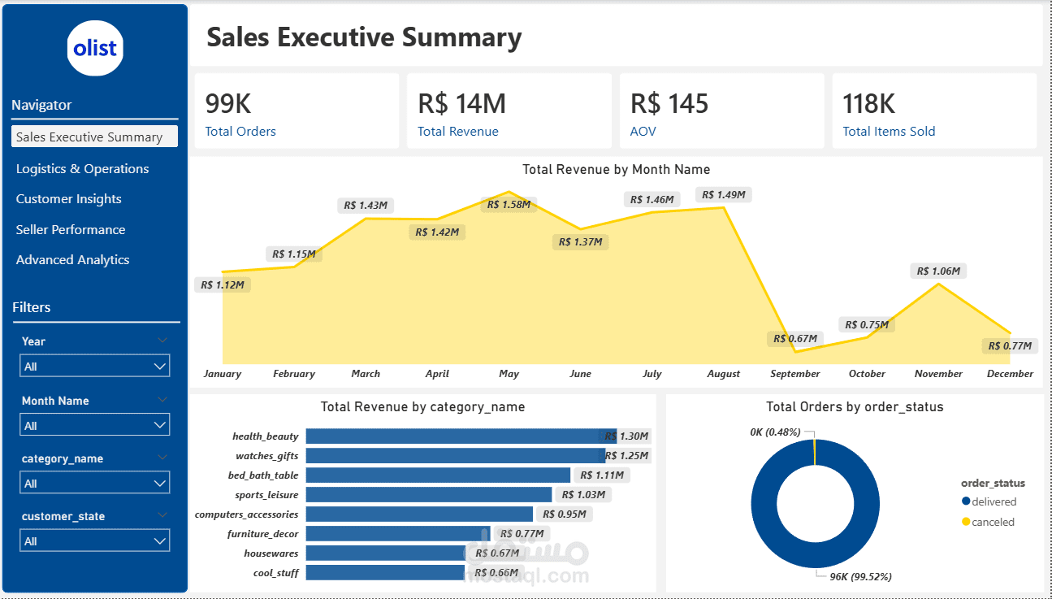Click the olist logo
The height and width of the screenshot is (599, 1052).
point(95,48)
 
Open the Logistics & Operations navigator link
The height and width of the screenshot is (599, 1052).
point(82,169)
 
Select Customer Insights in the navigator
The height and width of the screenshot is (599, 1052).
point(68,199)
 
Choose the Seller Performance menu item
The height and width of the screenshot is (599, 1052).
point(71,230)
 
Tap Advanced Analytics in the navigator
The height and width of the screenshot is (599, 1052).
point(72,260)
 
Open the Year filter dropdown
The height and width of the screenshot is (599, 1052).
point(94,367)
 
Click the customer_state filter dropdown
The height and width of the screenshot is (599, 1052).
point(94,541)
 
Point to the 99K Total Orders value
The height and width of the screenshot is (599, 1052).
point(228,104)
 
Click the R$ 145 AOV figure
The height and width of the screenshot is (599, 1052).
point(669,104)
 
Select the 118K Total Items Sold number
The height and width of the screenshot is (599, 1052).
point(868,104)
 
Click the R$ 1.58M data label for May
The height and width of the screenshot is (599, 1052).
point(509,205)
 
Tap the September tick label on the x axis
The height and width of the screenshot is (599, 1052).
point(794,374)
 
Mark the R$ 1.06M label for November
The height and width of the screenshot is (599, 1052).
point(938,271)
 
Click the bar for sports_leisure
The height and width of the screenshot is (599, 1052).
point(428,495)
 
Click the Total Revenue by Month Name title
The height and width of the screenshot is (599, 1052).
point(616,170)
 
